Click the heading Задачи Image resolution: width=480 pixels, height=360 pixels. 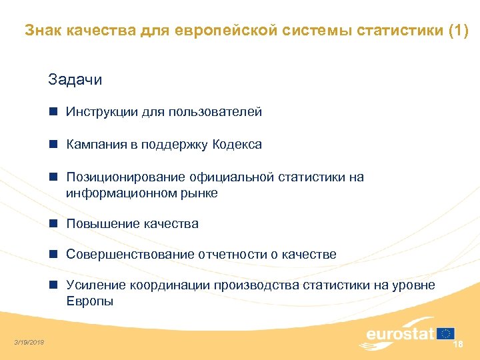(75, 80)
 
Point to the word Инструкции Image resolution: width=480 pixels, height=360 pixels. (102, 112)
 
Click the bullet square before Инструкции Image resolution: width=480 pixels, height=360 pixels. (53, 112)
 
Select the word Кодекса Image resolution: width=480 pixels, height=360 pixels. (237, 145)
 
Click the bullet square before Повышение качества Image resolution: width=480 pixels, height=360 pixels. (53, 224)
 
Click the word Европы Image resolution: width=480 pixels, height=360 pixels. (89, 301)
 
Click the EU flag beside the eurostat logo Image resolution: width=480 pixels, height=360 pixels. (446, 333)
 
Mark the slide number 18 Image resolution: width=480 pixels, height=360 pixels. (457, 344)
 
